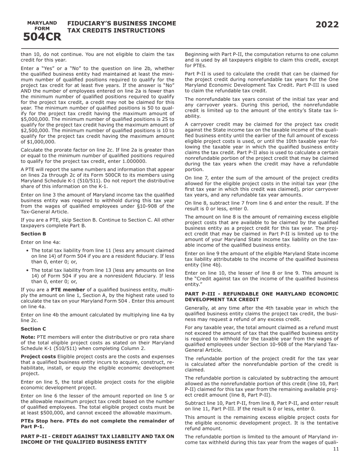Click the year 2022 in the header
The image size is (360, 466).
click(x=327, y=25)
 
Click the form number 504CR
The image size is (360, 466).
click(x=42, y=37)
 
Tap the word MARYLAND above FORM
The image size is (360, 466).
click(x=42, y=23)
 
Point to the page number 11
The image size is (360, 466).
click(x=336, y=449)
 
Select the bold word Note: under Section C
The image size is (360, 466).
click(x=28, y=337)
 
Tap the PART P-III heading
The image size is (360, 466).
click(x=261, y=297)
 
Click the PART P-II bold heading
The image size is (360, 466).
click(x=97, y=439)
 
